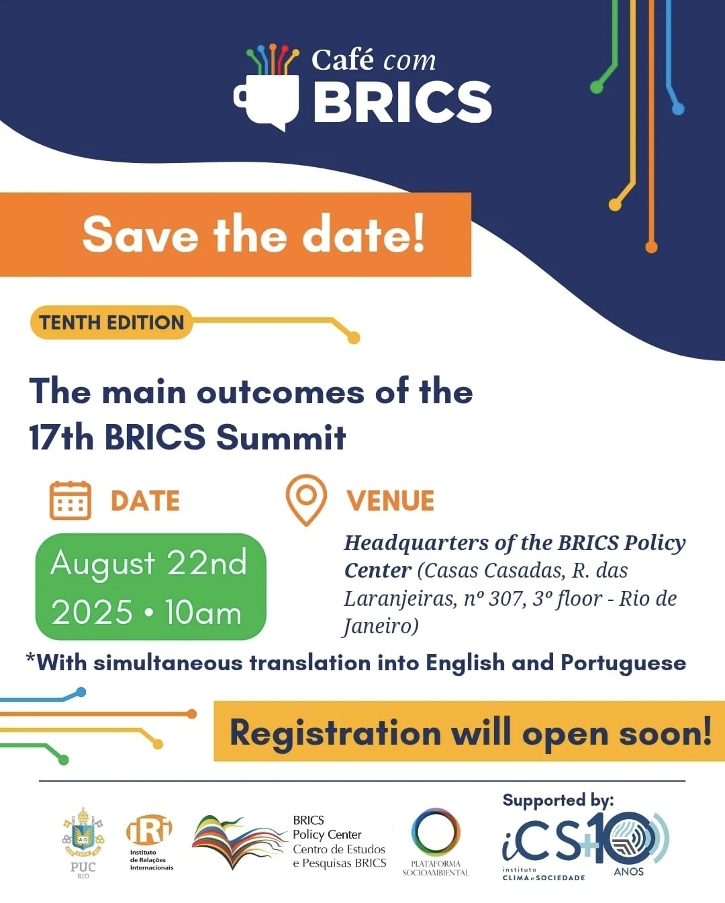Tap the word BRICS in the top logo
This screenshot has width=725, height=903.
402,102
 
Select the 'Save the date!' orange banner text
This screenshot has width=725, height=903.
254,234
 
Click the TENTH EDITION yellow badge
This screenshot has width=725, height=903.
111,322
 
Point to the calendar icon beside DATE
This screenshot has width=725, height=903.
70,500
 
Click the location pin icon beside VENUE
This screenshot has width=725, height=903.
306,499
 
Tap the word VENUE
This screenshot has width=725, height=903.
390,500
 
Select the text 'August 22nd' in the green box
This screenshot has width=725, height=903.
148,563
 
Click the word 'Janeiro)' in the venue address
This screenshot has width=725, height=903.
381,627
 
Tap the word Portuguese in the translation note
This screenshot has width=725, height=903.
624,663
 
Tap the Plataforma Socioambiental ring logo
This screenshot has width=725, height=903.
436,833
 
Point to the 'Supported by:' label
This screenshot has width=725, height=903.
558,800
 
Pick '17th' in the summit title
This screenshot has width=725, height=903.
61,437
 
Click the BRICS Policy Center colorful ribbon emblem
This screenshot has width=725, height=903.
239,841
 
